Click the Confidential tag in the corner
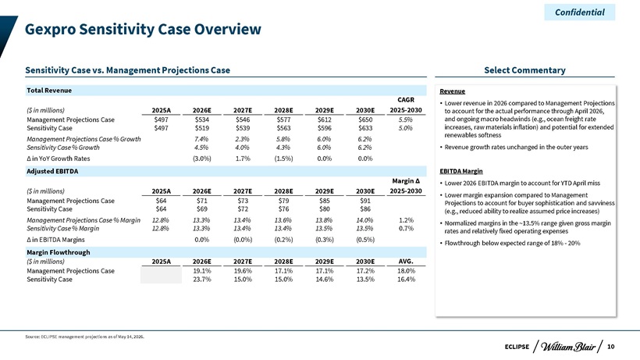pos(580,12)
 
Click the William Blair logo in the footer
pos(567,347)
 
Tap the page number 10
pos(610,347)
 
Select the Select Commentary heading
pos(524,70)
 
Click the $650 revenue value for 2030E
pos(365,119)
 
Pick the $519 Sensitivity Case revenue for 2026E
pos(201,128)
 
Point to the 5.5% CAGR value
pos(406,119)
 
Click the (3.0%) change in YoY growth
pos(201,159)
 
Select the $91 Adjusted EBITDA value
pos(365,201)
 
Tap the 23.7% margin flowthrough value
pos(201,280)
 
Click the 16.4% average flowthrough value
pos(406,280)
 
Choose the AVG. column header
pos(406,262)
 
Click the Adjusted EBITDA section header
pos(52,171)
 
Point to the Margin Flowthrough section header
pos(59,252)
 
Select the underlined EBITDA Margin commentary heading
pos(460,171)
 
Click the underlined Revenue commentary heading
pos(452,91)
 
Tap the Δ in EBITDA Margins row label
pos(55,240)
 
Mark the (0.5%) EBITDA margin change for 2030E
pos(365,240)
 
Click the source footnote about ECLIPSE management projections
pos(84,337)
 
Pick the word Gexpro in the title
pos(50,30)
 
